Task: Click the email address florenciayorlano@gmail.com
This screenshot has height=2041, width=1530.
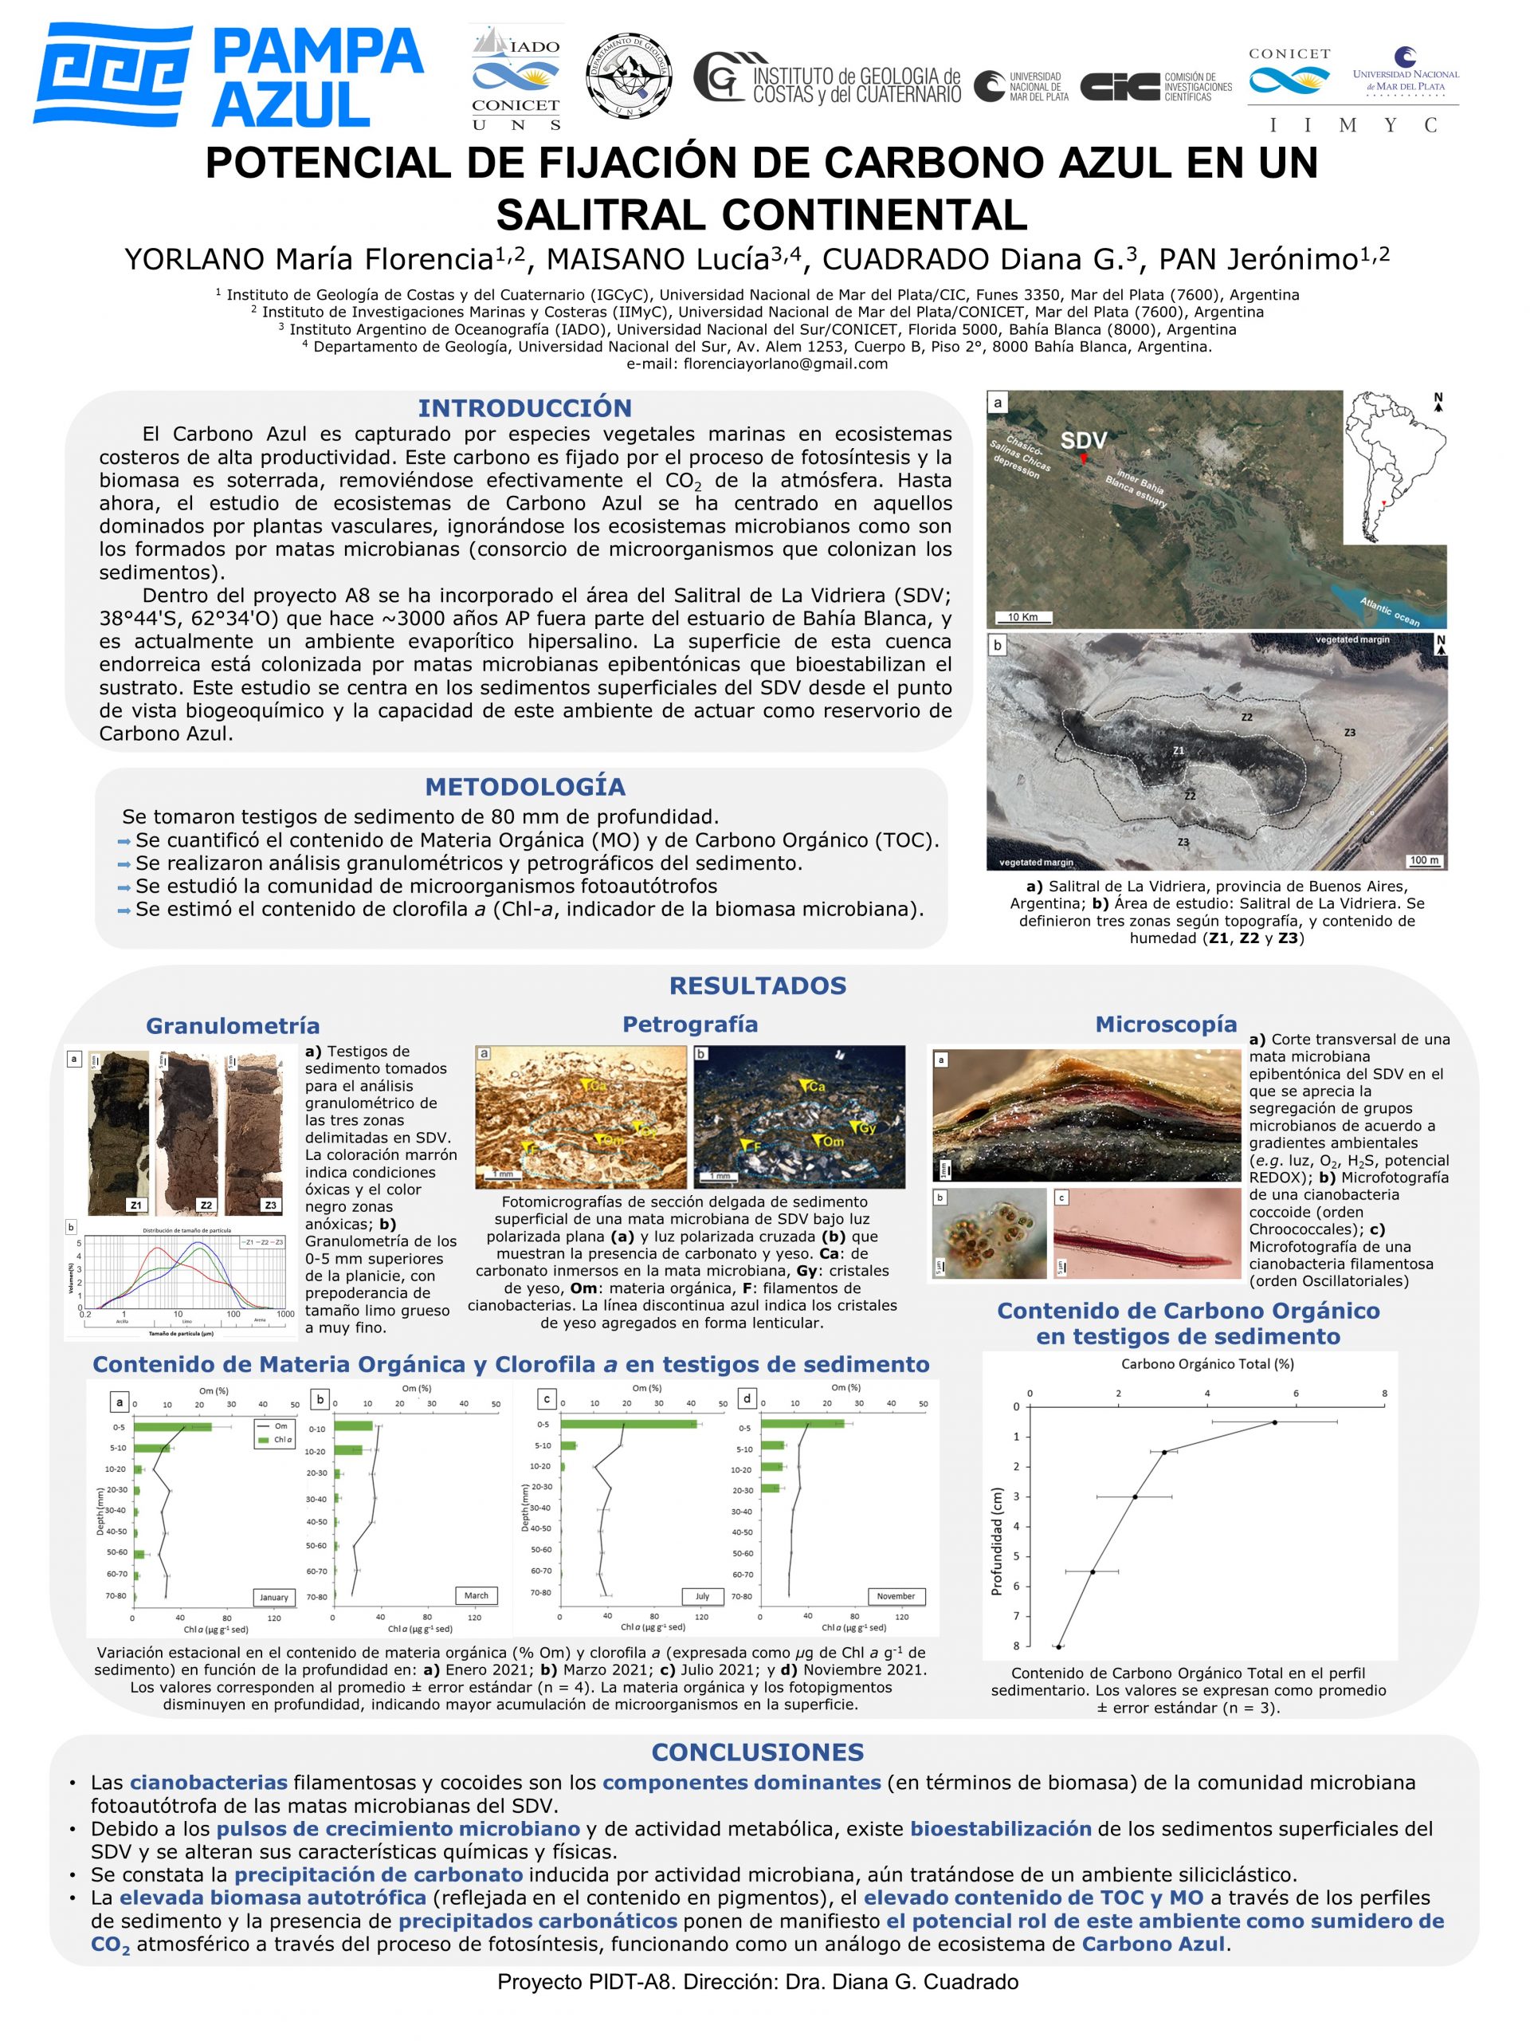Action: [757, 364]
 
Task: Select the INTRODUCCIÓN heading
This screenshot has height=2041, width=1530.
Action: [524, 408]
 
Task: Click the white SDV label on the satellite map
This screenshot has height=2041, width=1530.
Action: [1083, 440]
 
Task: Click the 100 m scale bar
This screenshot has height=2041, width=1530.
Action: [1424, 860]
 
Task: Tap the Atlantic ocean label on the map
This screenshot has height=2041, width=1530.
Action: [1390, 611]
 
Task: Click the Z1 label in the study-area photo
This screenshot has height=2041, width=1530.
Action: [1178, 751]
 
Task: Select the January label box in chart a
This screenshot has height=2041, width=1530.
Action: [274, 1596]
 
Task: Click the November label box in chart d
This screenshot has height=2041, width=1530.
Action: [895, 1595]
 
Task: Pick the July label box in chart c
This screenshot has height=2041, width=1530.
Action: [702, 1595]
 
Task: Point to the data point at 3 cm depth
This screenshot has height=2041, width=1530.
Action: [1135, 1496]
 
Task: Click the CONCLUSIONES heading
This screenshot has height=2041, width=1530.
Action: [757, 1752]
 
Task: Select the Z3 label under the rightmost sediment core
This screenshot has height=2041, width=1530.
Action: [270, 1205]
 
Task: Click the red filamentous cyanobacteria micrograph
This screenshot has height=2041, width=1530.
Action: [1144, 1233]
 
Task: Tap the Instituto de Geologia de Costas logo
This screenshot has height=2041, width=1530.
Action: [827, 81]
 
